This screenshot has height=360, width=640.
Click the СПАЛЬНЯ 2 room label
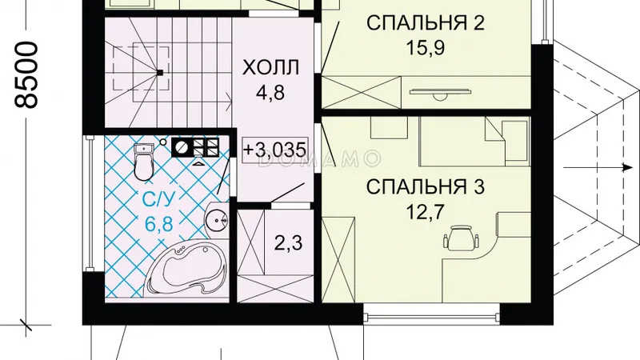tap(426, 23)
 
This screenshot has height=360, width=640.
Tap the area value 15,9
tap(425, 48)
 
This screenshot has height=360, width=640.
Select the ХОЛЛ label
tap(271, 68)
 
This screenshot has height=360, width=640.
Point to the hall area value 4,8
tap(270, 93)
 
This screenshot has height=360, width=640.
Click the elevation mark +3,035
tap(274, 150)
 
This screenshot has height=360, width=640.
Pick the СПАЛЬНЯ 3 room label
tap(426, 187)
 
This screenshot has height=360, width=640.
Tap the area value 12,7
tap(425, 212)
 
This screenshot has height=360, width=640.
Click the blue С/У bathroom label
tap(158, 199)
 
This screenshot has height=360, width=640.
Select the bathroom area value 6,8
tap(158, 224)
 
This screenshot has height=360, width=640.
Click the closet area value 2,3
tap(288, 244)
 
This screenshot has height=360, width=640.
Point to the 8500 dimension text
tap(26, 74)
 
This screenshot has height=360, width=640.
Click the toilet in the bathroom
tap(144, 162)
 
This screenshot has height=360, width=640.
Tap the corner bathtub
tap(186, 268)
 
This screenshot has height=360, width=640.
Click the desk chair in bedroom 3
tap(461, 237)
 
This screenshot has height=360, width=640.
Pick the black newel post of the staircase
tap(160, 73)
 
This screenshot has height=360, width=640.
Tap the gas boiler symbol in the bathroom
tap(195, 147)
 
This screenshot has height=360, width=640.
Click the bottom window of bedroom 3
tap(431, 317)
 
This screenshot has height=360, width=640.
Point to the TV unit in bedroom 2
tap(441, 93)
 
